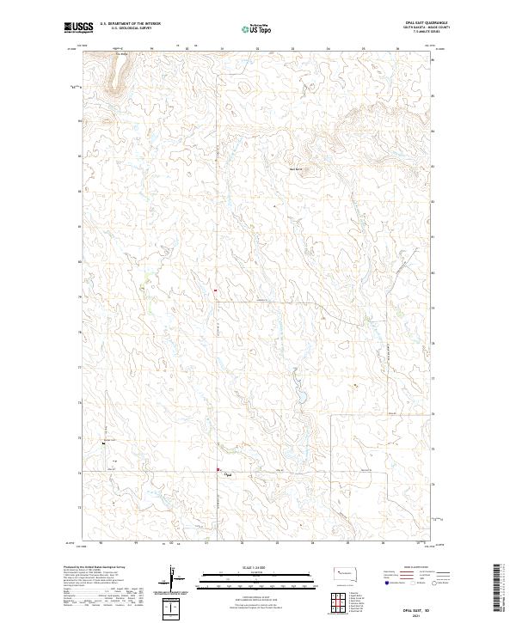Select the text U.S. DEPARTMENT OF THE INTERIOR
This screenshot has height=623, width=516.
point(130,23)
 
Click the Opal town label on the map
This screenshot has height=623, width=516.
point(229,474)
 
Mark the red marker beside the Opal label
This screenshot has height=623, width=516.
point(218,470)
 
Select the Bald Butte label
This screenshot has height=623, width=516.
point(296,168)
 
